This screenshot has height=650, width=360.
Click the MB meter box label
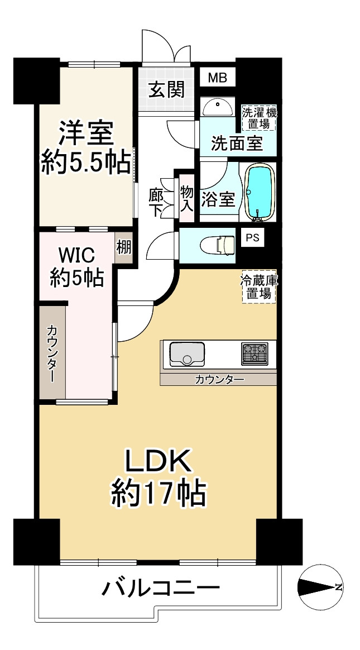click(x=218, y=78)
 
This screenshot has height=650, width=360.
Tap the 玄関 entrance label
click(x=166, y=89)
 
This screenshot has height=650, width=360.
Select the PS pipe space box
click(x=252, y=237)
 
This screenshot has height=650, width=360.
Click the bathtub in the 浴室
click(x=260, y=192)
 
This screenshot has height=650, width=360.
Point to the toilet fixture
click(x=218, y=245)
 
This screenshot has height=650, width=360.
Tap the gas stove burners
click(x=255, y=354)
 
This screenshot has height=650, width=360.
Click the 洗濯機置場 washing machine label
click(x=260, y=118)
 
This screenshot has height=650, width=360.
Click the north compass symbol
click(x=320, y=586)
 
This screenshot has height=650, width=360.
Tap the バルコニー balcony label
click(x=161, y=587)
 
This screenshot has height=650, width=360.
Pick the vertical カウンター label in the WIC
click(x=52, y=353)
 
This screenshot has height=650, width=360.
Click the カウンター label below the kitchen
click(x=219, y=379)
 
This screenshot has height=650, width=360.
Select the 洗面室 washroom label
click(x=237, y=144)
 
